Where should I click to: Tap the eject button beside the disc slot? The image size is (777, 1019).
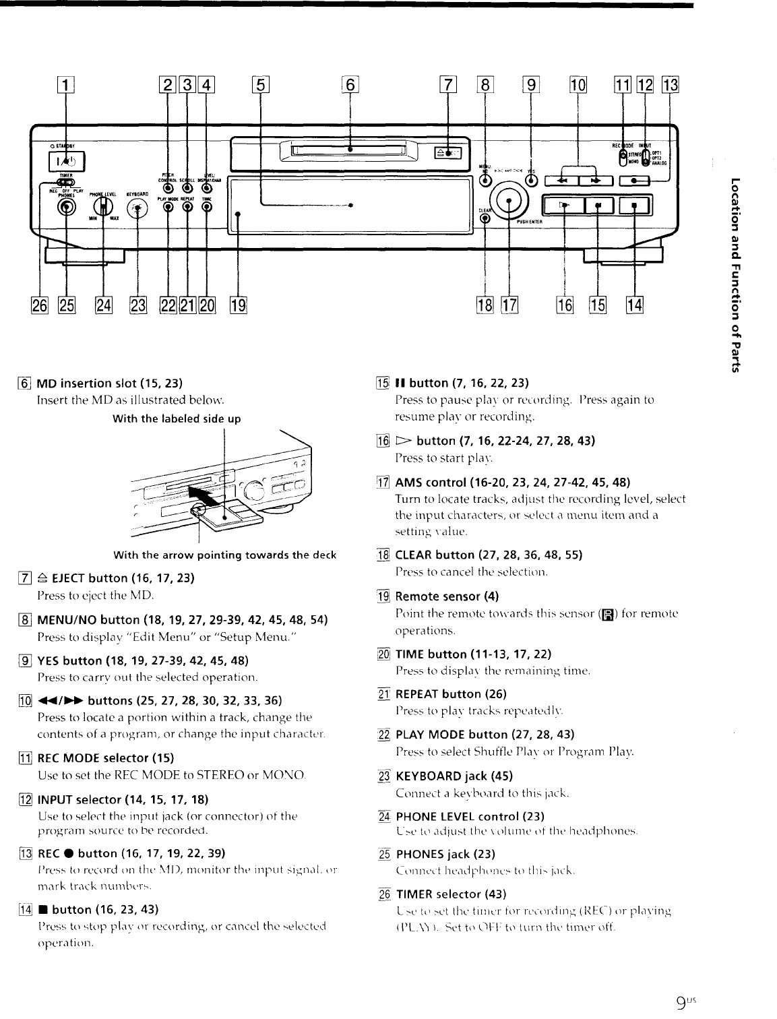click(x=445, y=154)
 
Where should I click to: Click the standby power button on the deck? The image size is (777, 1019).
click(x=66, y=161)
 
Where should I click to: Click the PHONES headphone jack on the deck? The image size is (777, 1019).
click(x=66, y=208)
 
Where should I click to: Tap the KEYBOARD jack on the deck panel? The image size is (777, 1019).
click(x=137, y=208)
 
